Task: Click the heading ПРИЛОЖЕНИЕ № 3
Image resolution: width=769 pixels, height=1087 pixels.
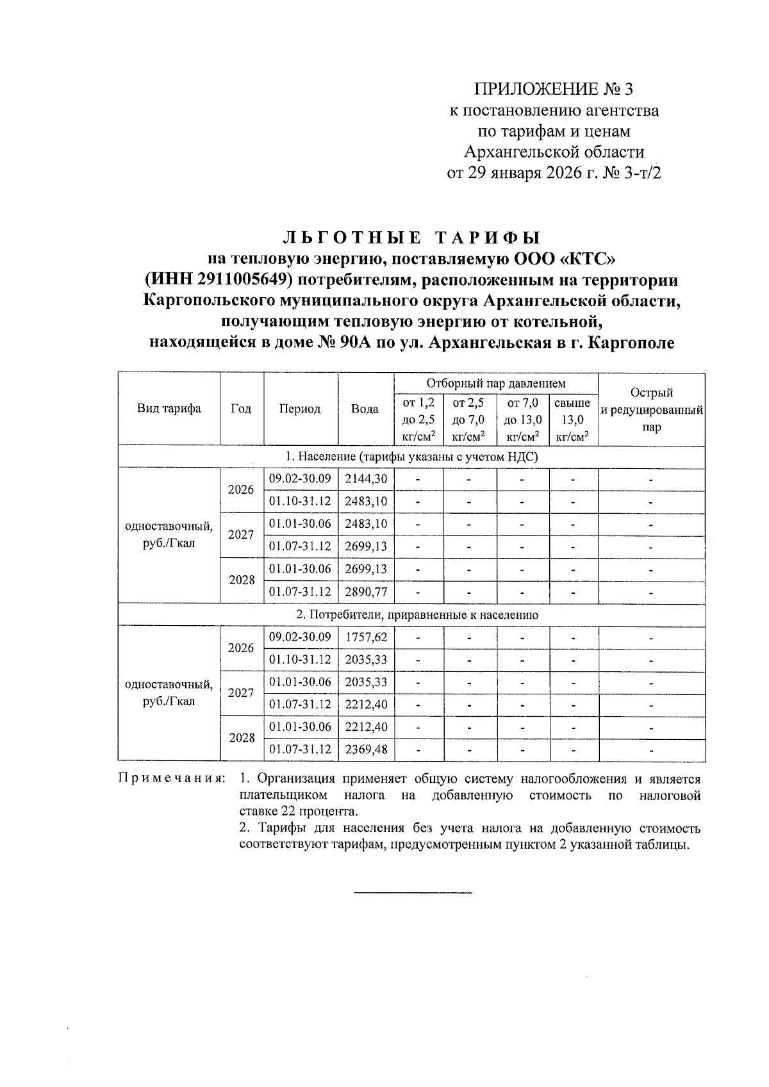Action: tap(553, 89)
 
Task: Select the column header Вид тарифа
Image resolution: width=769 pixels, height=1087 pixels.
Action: tap(169, 409)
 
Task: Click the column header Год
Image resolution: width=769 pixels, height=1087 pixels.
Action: tap(240, 409)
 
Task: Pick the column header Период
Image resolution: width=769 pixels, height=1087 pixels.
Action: tap(299, 409)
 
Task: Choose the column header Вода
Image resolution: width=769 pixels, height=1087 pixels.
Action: tap(365, 409)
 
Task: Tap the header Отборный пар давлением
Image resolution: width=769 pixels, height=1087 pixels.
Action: tap(496, 384)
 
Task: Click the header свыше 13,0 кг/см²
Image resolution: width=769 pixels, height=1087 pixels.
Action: tap(572, 420)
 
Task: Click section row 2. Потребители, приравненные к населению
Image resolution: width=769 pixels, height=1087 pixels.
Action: tap(411, 614)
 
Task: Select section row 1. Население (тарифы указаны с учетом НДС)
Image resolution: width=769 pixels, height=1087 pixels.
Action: tap(411, 457)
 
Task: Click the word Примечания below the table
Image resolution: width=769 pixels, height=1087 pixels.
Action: tap(172, 780)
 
